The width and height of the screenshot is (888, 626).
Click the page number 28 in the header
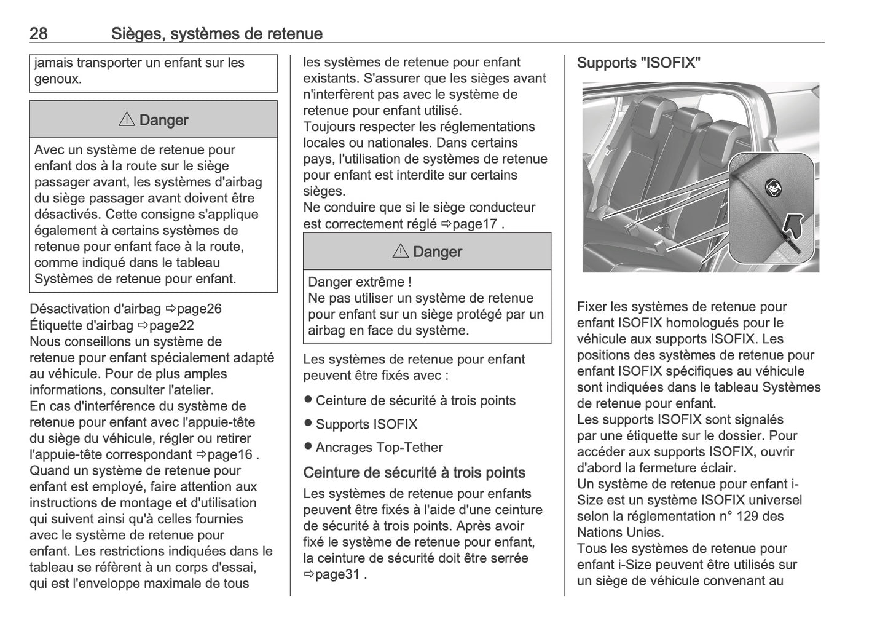point(38,33)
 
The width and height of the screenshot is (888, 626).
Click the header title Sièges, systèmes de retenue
point(216,33)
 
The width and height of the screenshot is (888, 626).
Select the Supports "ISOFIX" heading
point(638,63)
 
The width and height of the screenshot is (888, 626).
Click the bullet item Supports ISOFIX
point(366,424)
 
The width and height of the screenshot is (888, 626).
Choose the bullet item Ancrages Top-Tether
point(379,448)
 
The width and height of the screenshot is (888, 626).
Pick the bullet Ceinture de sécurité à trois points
point(415,401)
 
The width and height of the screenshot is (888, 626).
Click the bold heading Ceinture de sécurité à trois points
point(414,473)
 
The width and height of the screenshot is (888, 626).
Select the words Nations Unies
point(619,533)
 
